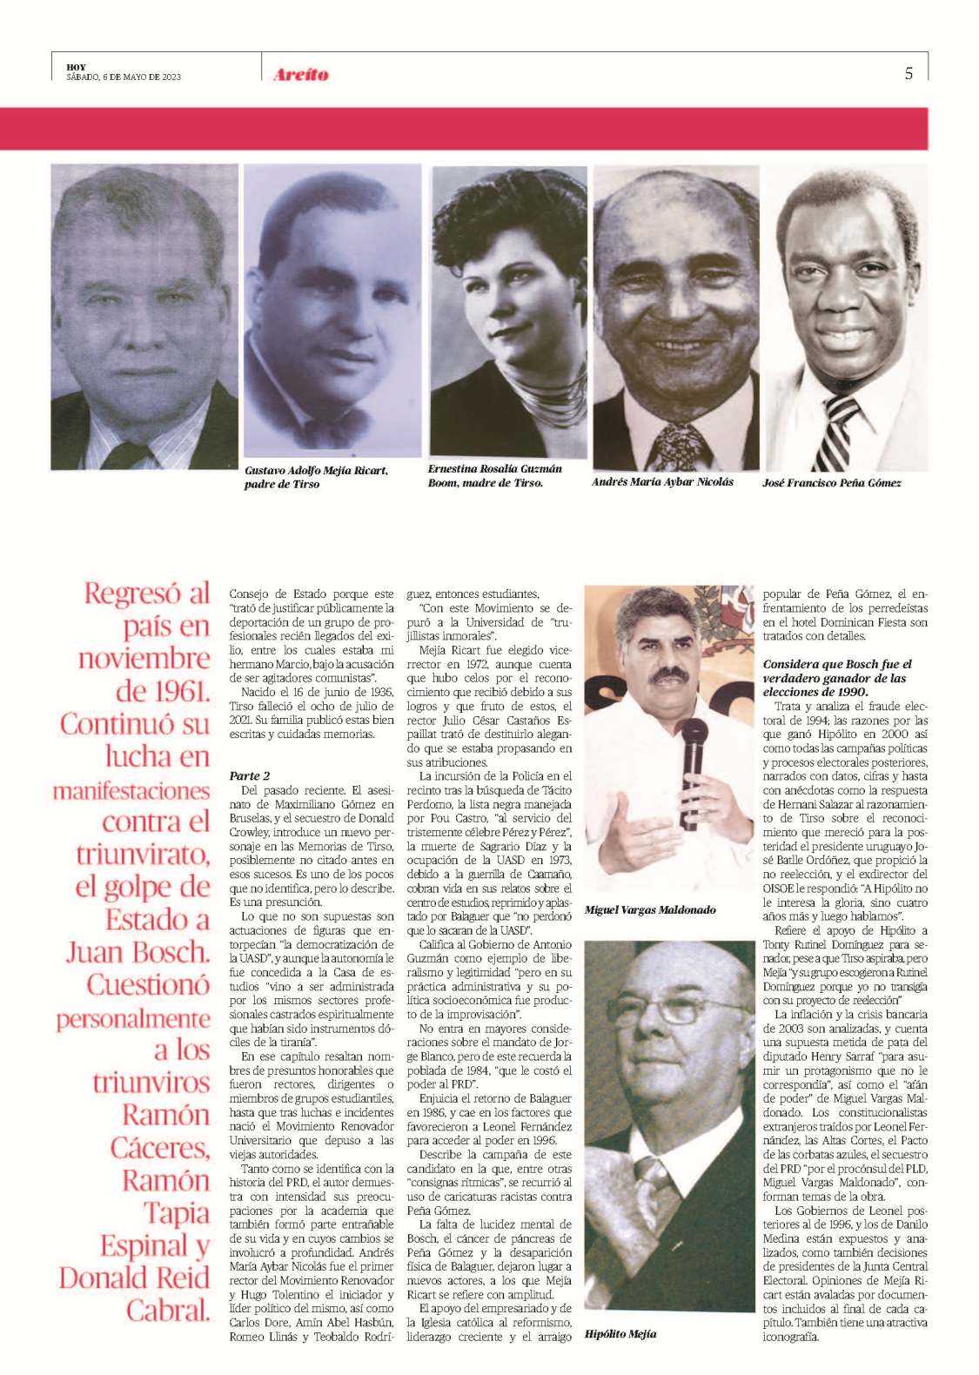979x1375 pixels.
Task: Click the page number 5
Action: point(909,74)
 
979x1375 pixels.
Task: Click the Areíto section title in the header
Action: point(301,75)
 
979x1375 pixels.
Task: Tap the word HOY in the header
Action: point(76,67)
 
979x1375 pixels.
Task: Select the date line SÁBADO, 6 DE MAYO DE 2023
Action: point(124,77)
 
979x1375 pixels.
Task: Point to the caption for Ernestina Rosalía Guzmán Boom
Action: point(494,475)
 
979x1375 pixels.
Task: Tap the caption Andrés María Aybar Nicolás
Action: point(662,481)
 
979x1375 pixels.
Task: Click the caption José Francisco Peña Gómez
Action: point(831,483)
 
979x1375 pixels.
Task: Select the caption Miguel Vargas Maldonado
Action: point(650,910)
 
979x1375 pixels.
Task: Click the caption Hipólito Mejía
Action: point(620,1333)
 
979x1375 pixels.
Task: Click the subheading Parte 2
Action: point(250,775)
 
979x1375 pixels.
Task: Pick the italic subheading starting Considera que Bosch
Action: point(837,678)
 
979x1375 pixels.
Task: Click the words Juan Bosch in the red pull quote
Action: point(138,952)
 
